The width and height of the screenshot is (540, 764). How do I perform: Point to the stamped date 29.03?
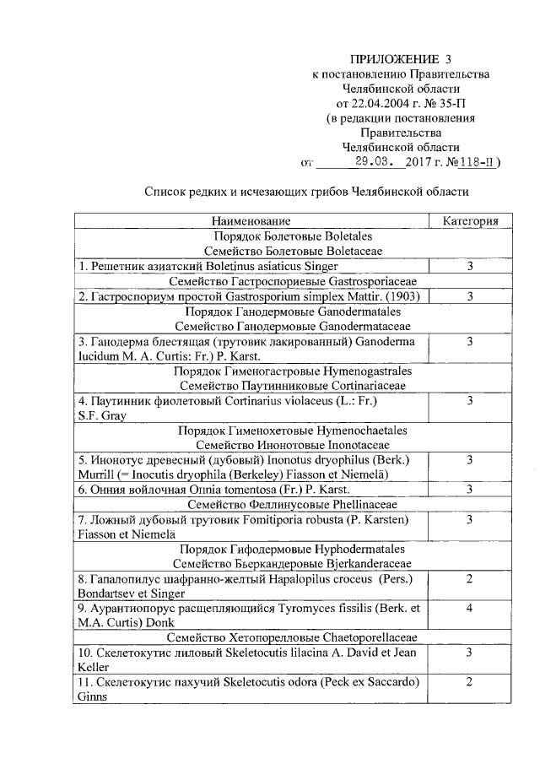(x=371, y=163)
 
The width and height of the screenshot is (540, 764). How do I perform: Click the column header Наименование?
(x=254, y=221)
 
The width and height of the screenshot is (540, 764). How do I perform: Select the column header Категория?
(x=469, y=221)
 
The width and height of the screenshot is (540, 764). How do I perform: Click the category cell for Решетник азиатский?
(x=469, y=266)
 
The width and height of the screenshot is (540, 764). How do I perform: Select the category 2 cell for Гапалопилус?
(x=469, y=578)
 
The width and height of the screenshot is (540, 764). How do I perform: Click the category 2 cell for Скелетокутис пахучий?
(x=469, y=680)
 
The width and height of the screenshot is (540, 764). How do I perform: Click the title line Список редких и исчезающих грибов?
(x=305, y=192)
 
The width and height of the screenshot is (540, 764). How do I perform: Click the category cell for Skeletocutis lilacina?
(x=469, y=651)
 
